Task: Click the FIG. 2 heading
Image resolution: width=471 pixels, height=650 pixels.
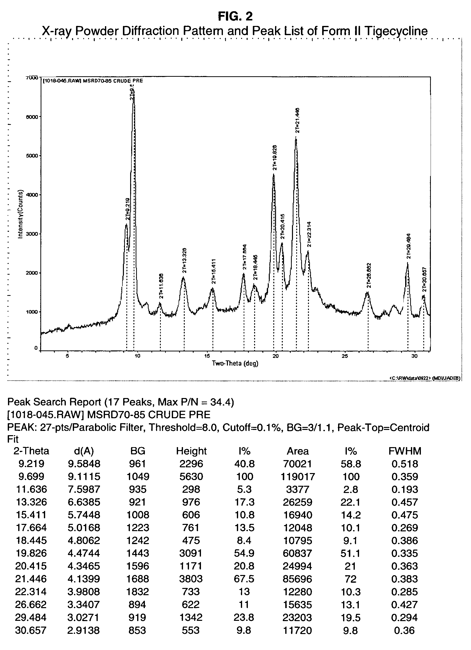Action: pyautogui.click(x=235, y=16)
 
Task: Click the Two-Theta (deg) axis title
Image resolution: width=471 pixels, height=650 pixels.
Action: pyautogui.click(x=235, y=364)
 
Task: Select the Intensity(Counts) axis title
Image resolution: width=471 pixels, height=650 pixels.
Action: pyautogui.click(x=20, y=214)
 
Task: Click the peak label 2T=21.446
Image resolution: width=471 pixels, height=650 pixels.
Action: pyautogui.click(x=297, y=120)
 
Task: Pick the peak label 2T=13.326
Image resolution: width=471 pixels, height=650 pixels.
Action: pyautogui.click(x=184, y=260)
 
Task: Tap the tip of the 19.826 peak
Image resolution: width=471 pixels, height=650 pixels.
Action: pyautogui.click(x=274, y=174)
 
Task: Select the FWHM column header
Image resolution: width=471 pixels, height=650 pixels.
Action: pyautogui.click(x=405, y=451)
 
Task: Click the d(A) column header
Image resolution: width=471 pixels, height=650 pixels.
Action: pyautogui.click(x=84, y=451)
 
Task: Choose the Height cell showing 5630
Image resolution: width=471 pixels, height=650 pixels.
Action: pyautogui.click(x=191, y=477)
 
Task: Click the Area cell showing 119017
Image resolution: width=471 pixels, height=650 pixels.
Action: pyautogui.click(x=297, y=477)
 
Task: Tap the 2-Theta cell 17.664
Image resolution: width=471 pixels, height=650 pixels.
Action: pyautogui.click(x=31, y=528)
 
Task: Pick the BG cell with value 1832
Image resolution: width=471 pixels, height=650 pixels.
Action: pyautogui.click(x=138, y=591)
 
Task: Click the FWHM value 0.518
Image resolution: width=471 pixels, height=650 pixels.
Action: pyautogui.click(x=405, y=464)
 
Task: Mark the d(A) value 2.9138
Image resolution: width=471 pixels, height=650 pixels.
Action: pyautogui.click(x=84, y=630)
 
